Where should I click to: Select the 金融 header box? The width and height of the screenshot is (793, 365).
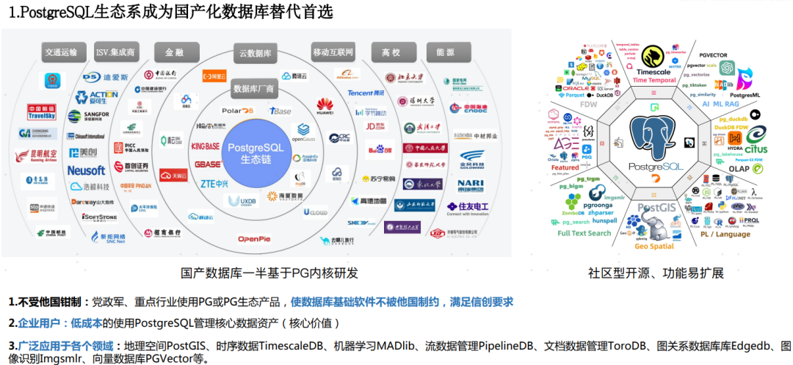pyautogui.click(x=174, y=52)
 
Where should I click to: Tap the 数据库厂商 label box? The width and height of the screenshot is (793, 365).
pyautogui.click(x=253, y=88)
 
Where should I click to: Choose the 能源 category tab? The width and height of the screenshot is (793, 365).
pyautogui.click(x=445, y=52)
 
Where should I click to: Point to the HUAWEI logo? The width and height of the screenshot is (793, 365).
pyautogui.click(x=324, y=107)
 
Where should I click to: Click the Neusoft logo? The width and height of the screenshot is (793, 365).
pyautogui.click(x=86, y=170)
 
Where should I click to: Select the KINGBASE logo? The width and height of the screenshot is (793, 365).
pyautogui.click(x=206, y=146)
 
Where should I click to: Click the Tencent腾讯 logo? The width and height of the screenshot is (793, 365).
pyautogui.click(x=366, y=93)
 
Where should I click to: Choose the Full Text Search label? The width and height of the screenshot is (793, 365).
pyautogui.click(x=584, y=234)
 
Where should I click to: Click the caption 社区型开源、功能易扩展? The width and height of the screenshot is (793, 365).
pyautogui.click(x=656, y=273)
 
